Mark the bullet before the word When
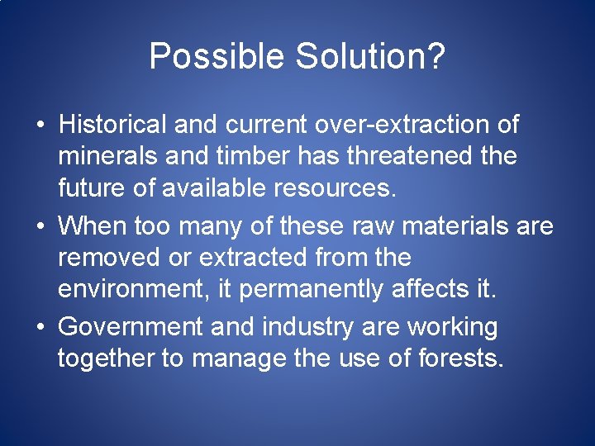coord(40,226)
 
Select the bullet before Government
coord(40,328)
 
